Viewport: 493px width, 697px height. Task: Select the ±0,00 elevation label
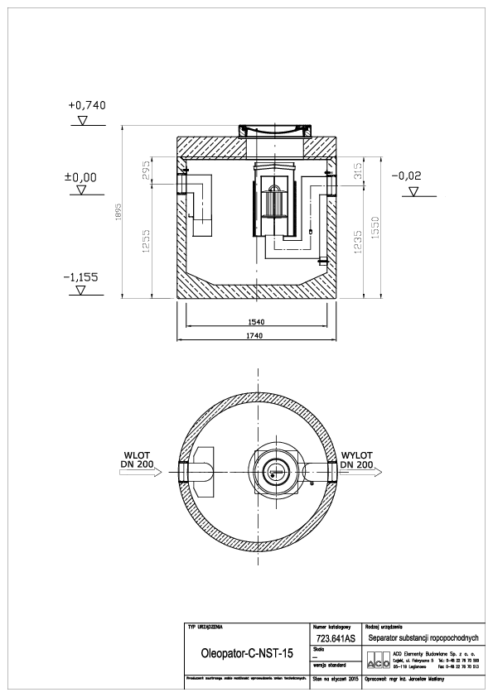pos(81,177)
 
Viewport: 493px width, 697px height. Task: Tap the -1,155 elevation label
pos(81,277)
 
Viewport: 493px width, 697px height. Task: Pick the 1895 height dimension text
pos(120,213)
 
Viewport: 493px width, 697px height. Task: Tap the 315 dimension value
pos(359,172)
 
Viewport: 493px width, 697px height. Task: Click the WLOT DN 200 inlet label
pos(138,460)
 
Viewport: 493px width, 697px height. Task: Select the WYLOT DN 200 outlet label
pos(355,460)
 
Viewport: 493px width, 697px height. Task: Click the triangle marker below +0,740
pos(81,121)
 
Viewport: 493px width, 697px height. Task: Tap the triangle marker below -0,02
pos(412,191)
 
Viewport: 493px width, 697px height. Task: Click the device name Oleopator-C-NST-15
pos(247,653)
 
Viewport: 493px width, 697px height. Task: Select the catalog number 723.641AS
pos(336,639)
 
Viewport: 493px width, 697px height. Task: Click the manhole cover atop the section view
pos(273,130)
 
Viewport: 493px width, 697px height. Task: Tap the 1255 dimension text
pos(146,244)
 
